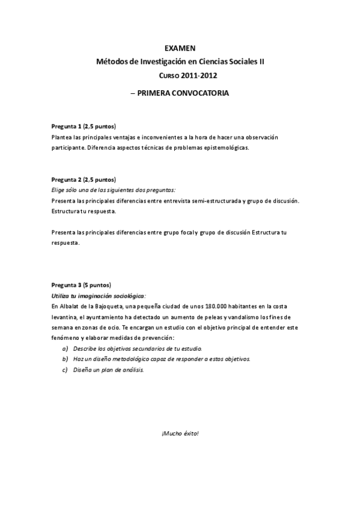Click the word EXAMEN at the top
[180, 48]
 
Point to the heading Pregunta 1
[66, 127]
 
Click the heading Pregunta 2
[66, 179]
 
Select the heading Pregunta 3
[66, 284]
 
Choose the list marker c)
[65, 369]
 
